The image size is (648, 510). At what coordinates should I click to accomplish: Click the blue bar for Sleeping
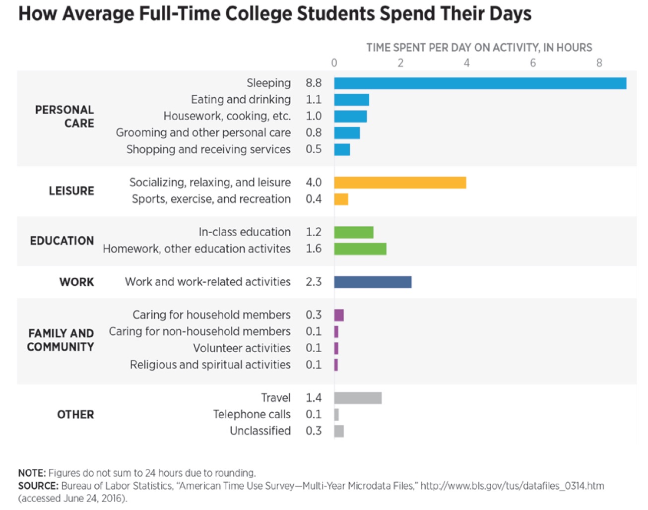click(480, 83)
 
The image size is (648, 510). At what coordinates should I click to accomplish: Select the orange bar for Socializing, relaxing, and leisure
click(400, 183)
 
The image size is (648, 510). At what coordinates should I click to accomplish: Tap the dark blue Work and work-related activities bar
click(373, 282)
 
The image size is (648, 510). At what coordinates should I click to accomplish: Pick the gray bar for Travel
click(358, 398)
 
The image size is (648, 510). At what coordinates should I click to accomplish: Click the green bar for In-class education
click(353, 232)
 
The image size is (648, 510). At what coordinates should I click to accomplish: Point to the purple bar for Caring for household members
click(339, 315)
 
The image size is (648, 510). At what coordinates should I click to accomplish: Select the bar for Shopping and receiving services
click(342, 149)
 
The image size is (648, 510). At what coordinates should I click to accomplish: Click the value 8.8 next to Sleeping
click(314, 83)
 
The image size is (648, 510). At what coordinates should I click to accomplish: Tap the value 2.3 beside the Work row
click(314, 282)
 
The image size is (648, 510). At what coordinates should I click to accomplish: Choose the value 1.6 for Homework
click(314, 249)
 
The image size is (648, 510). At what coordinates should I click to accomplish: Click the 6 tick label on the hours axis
click(533, 63)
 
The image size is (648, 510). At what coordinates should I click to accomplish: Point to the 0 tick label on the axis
click(334, 63)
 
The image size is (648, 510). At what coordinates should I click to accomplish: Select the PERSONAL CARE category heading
click(65, 117)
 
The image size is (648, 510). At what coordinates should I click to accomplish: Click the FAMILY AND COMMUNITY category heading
click(61, 340)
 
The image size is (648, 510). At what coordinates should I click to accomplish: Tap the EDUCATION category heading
click(62, 241)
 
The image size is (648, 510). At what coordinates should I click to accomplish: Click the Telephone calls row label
click(252, 415)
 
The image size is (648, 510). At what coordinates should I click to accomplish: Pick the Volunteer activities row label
click(242, 348)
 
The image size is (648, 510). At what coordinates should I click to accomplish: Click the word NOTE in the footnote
click(32, 473)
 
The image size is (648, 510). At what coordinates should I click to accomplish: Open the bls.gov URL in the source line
click(512, 486)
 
